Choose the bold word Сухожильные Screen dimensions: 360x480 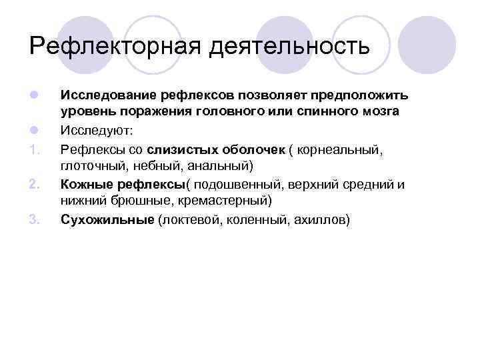point(107,219)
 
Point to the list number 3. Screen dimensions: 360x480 point(35,219)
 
